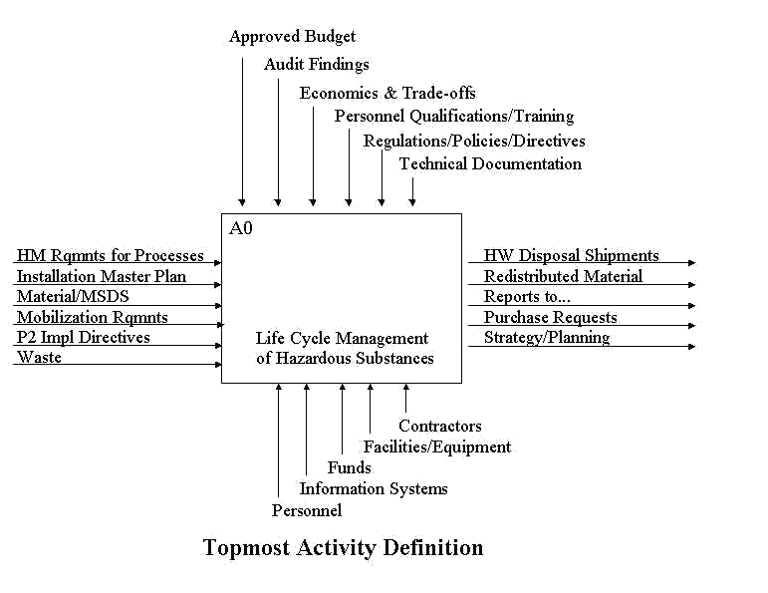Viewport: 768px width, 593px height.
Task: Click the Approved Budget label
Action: [292, 37]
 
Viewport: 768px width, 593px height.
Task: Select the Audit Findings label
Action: [316, 65]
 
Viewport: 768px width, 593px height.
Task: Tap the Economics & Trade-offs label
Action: [387, 94]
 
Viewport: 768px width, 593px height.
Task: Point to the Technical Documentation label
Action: [490, 164]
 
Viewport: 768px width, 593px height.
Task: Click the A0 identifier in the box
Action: [241, 229]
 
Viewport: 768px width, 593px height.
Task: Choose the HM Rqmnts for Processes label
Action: [110, 256]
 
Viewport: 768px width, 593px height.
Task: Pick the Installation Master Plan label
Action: [101, 276]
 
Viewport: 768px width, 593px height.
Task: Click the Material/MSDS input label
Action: [73, 297]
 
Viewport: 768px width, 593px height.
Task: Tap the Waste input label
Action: [39, 358]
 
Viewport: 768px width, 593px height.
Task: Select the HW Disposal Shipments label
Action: [571, 256]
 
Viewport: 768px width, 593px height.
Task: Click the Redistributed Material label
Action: [563, 276]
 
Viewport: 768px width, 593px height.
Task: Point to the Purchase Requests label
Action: [550, 318]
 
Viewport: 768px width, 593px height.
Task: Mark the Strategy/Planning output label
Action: [547, 338]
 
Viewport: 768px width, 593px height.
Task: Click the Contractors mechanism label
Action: [440, 427]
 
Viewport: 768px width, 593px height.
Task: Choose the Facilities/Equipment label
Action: [436, 447]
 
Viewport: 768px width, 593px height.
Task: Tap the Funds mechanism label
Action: [349, 468]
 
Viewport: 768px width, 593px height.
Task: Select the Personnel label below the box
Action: [307, 511]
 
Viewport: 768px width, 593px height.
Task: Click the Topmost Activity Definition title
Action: [343, 548]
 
